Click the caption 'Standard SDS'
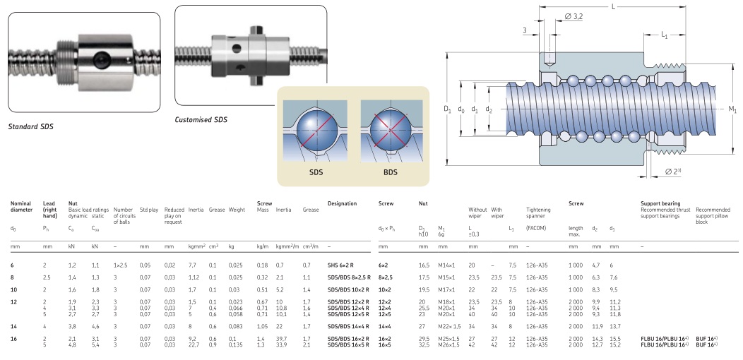[x=30, y=127]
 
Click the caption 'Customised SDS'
[x=201, y=120]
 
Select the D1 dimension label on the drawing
[x=446, y=109]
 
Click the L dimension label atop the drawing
[x=612, y=6]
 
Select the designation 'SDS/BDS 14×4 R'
[x=350, y=326]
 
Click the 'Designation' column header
[x=343, y=204]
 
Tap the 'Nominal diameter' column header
[x=21, y=207]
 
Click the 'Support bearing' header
[x=660, y=204]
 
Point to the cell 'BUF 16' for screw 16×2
[x=706, y=340]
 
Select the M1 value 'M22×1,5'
[x=450, y=326]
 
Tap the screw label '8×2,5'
[x=388, y=277]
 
